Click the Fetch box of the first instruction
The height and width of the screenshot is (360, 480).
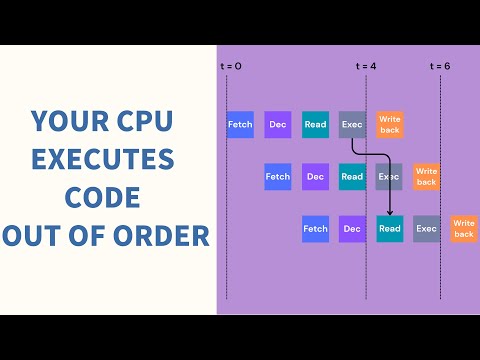pos(240,125)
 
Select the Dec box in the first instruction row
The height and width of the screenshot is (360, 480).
pos(278,125)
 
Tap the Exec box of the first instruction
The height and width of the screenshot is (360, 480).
pos(352,125)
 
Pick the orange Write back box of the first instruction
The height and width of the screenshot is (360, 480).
pos(390,125)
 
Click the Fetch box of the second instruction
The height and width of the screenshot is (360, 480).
pos(277,177)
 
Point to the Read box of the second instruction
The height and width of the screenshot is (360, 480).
pos(352,177)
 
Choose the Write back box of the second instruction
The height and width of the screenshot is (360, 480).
pos(426,177)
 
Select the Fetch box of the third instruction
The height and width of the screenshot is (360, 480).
pos(315,228)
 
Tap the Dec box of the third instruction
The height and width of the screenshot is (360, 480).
pos(352,228)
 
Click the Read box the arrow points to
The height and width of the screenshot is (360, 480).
pos(390,228)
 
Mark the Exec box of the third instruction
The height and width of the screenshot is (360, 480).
pos(427,228)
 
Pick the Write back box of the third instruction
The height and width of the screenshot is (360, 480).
pos(463,228)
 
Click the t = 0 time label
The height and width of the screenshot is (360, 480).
pos(231,66)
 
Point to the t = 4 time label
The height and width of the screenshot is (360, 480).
pos(367,66)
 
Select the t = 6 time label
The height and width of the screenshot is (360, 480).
pos(440,66)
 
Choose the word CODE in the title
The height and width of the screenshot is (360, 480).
pos(104,198)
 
